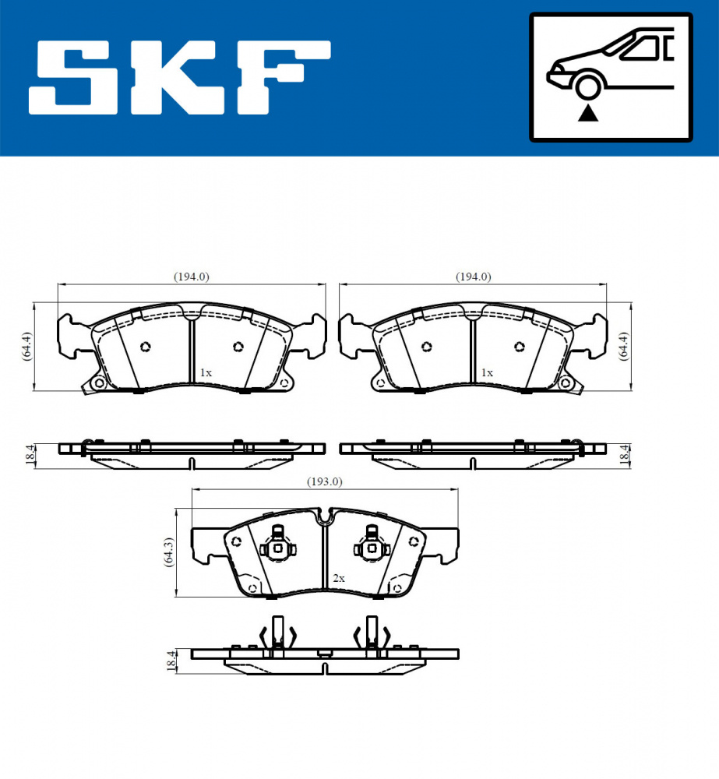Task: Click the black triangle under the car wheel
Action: click(588, 114)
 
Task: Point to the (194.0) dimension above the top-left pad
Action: click(191, 277)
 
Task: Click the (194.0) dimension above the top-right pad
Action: click(473, 277)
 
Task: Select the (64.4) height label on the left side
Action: click(26, 345)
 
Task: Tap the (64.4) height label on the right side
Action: click(622, 345)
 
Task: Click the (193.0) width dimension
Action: click(323, 481)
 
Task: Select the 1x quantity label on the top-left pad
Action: click(205, 373)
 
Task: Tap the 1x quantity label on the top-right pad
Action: click(487, 373)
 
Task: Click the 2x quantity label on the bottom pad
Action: click(338, 579)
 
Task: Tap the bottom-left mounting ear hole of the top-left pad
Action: click(97, 383)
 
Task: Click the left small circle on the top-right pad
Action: click(425, 347)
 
